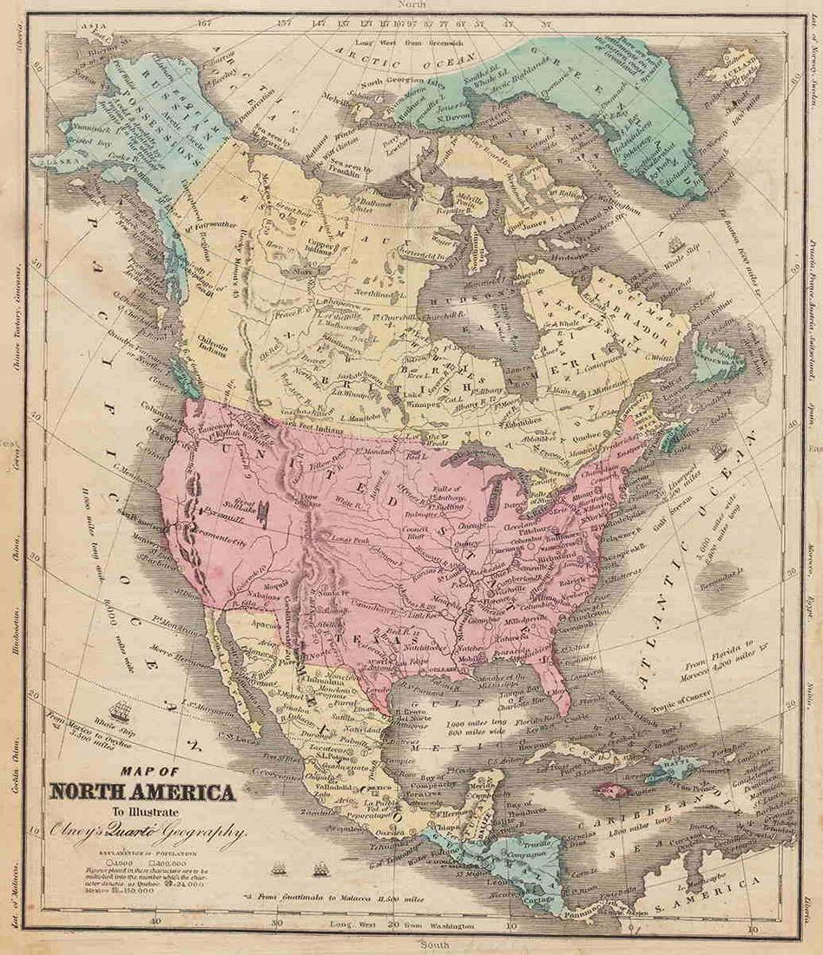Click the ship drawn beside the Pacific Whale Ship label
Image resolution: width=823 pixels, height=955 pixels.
(x=122, y=713)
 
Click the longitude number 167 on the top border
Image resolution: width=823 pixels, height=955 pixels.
(x=204, y=23)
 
